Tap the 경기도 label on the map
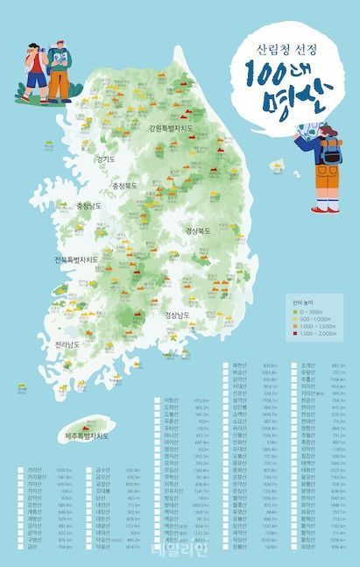pyautogui.click(x=105, y=159)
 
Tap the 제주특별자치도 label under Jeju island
pyautogui.click(x=88, y=435)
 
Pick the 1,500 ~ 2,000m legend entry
pyautogui.click(x=315, y=333)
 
